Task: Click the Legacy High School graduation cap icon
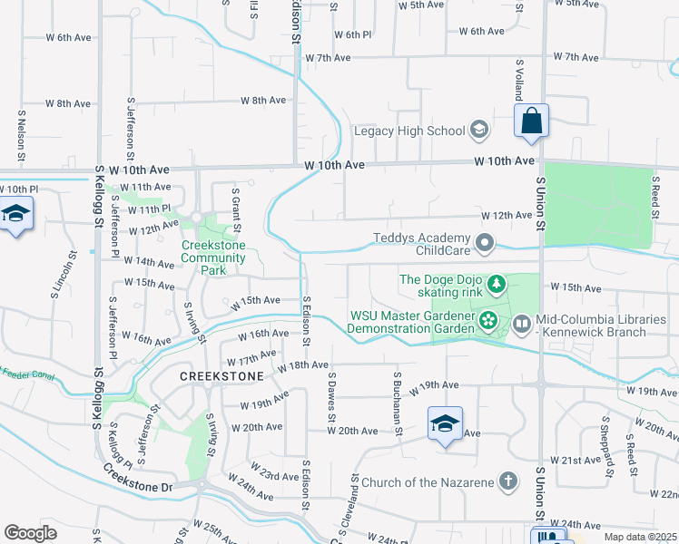(x=478, y=131)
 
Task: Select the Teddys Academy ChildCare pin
(x=487, y=242)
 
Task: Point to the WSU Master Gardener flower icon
(x=488, y=319)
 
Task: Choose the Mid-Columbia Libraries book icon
(x=522, y=322)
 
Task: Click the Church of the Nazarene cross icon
(x=508, y=481)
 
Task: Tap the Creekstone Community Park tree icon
(x=196, y=219)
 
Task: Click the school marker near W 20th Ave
(x=445, y=424)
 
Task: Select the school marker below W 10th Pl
(x=15, y=215)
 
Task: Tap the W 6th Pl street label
(x=352, y=34)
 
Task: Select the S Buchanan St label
(x=398, y=403)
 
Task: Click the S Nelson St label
(x=21, y=136)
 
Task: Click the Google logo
(x=31, y=532)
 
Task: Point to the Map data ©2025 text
(x=639, y=537)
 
